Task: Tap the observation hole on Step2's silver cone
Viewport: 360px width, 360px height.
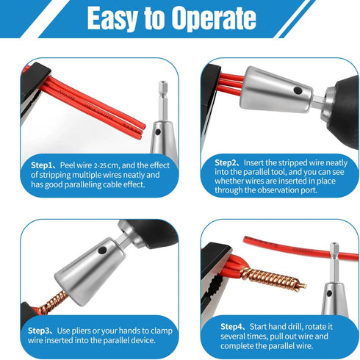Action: pos(294,90)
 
